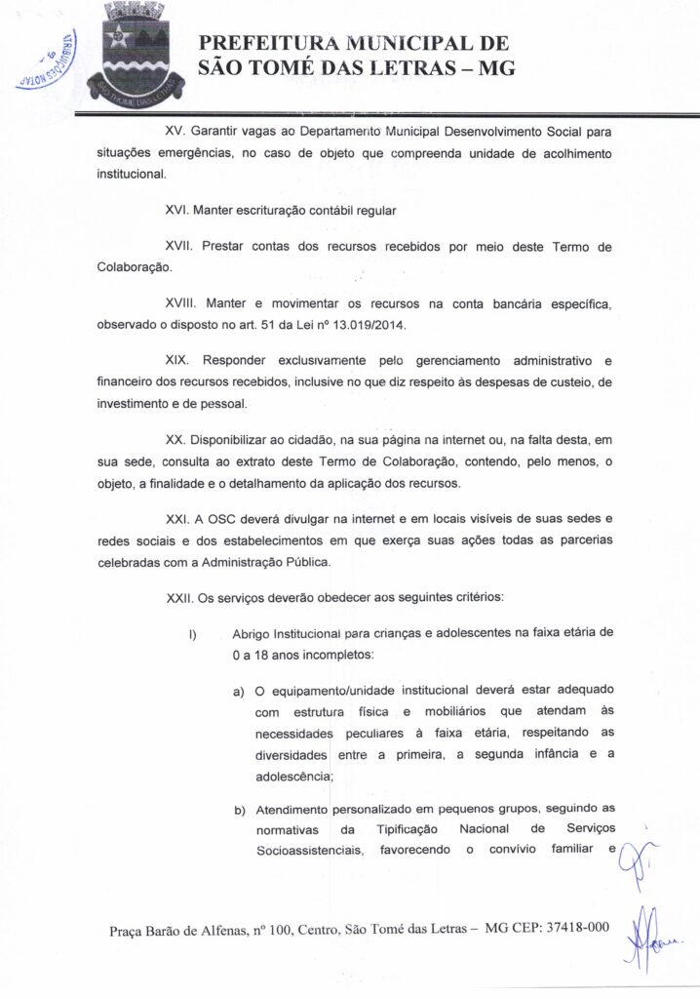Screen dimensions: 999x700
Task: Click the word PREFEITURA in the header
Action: point(274,43)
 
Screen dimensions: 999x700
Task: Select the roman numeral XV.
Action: point(175,131)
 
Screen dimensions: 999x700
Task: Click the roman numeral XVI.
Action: point(177,209)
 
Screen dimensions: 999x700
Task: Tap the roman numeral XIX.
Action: point(177,361)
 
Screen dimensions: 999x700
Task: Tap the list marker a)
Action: point(238,693)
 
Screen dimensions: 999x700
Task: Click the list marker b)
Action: point(238,810)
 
